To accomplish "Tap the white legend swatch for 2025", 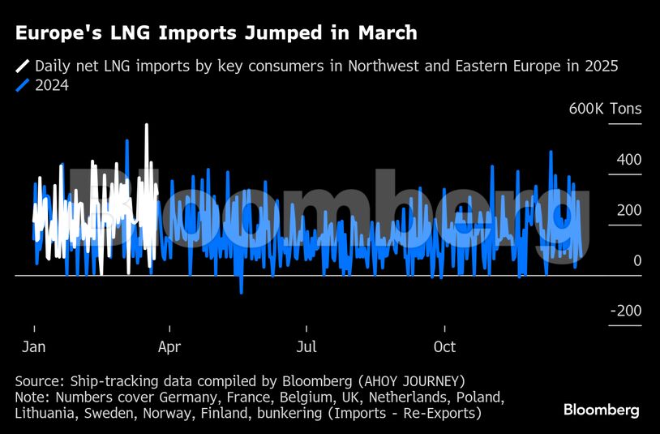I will (x=23, y=67).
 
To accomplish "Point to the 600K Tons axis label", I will (x=605, y=110).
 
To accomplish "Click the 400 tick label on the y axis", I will (x=628, y=160).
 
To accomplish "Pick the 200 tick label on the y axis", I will (x=628, y=210).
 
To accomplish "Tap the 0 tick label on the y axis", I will (x=637, y=260).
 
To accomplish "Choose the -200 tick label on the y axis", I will (x=625, y=312).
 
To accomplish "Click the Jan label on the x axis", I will (x=34, y=347).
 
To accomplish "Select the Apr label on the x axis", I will (x=169, y=347).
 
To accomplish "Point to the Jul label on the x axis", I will (x=306, y=347).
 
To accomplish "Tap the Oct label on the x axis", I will (x=444, y=347).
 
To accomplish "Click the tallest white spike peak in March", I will (x=147, y=126).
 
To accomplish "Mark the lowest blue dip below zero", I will (x=241, y=292).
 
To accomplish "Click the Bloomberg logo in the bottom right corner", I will (x=601, y=410).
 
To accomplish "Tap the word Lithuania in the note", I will (x=49, y=414).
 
